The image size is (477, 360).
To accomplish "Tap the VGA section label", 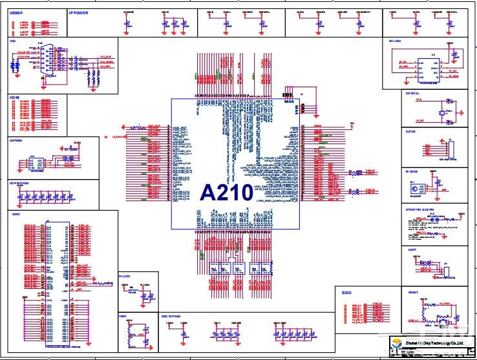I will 12,40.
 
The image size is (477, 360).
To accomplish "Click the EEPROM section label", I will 16,139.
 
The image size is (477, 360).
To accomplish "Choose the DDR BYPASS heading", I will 19,183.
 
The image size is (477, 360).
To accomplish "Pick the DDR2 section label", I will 15,214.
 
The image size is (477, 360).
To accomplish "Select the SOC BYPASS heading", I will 171,316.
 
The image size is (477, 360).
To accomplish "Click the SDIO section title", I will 346,293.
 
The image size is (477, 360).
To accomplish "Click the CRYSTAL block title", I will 412,93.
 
